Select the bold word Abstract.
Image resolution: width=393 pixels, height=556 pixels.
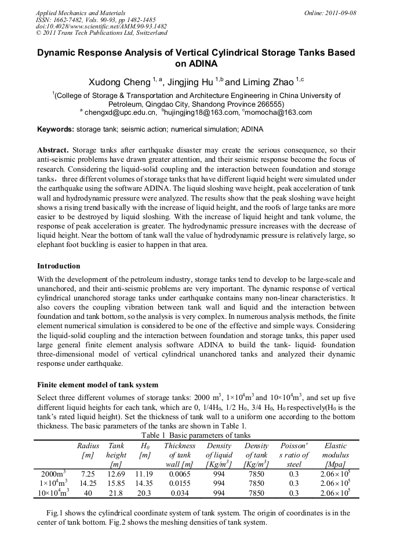[53, 149]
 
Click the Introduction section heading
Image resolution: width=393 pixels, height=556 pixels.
[59, 266]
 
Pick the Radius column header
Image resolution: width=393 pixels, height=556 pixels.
[88, 446]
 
